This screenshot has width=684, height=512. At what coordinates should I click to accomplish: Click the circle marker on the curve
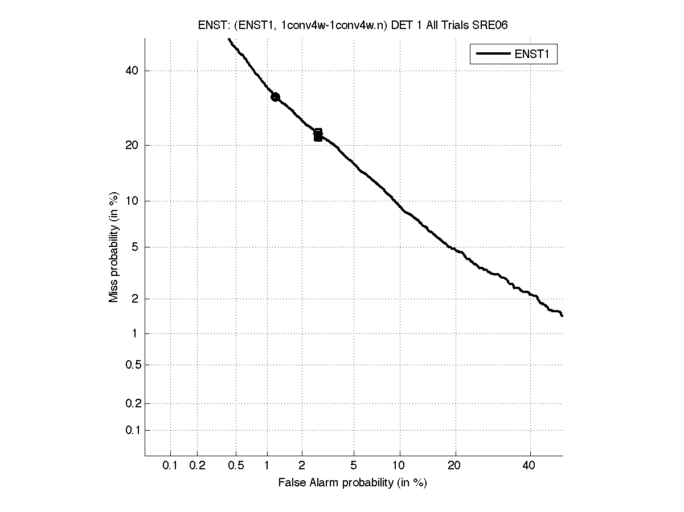click(x=275, y=97)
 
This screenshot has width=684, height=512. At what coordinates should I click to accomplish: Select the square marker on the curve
click(x=318, y=135)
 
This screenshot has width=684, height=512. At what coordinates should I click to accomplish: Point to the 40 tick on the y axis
click(x=132, y=71)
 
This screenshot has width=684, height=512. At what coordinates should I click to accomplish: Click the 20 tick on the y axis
click(x=132, y=145)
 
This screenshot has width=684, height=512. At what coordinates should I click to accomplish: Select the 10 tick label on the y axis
click(x=132, y=201)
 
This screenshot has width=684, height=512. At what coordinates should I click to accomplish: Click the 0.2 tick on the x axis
click(x=197, y=466)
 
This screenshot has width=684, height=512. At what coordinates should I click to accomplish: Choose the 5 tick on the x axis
click(x=354, y=466)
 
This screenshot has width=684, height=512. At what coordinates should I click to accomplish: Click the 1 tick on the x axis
click(x=267, y=466)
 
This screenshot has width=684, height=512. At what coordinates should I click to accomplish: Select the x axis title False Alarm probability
click(x=353, y=483)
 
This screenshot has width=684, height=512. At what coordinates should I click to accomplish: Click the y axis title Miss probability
click(x=114, y=248)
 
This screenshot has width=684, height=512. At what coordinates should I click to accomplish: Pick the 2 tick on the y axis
click(x=134, y=299)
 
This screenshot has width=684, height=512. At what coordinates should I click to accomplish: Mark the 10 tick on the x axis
click(x=400, y=466)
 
